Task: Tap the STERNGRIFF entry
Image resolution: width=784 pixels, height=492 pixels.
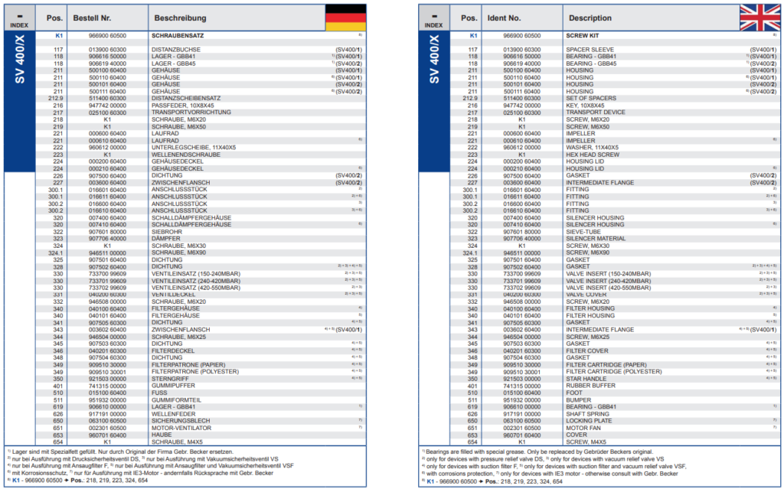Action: [170, 378]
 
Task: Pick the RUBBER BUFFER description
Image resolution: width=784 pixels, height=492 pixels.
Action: [590, 385]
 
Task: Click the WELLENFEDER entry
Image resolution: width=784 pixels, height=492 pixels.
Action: [173, 413]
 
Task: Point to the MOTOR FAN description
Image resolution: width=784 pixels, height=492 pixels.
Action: [584, 427]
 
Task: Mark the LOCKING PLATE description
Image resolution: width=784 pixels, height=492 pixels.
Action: [590, 420]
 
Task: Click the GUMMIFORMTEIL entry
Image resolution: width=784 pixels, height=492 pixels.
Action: [177, 399]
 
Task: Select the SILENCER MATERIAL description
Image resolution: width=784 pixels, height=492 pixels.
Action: [596, 238]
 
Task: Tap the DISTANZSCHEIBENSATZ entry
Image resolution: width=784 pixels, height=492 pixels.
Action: [187, 98]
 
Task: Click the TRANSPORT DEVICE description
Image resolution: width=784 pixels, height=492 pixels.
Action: [595, 112]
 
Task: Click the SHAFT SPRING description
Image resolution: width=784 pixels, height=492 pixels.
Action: [587, 413]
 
